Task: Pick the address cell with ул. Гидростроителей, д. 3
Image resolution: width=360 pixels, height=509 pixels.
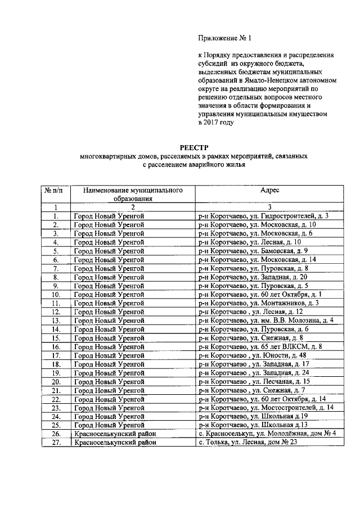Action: click(x=263, y=216)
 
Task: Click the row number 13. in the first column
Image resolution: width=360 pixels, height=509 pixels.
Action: click(x=55, y=321)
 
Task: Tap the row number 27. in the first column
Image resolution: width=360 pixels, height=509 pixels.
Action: click(x=55, y=443)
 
